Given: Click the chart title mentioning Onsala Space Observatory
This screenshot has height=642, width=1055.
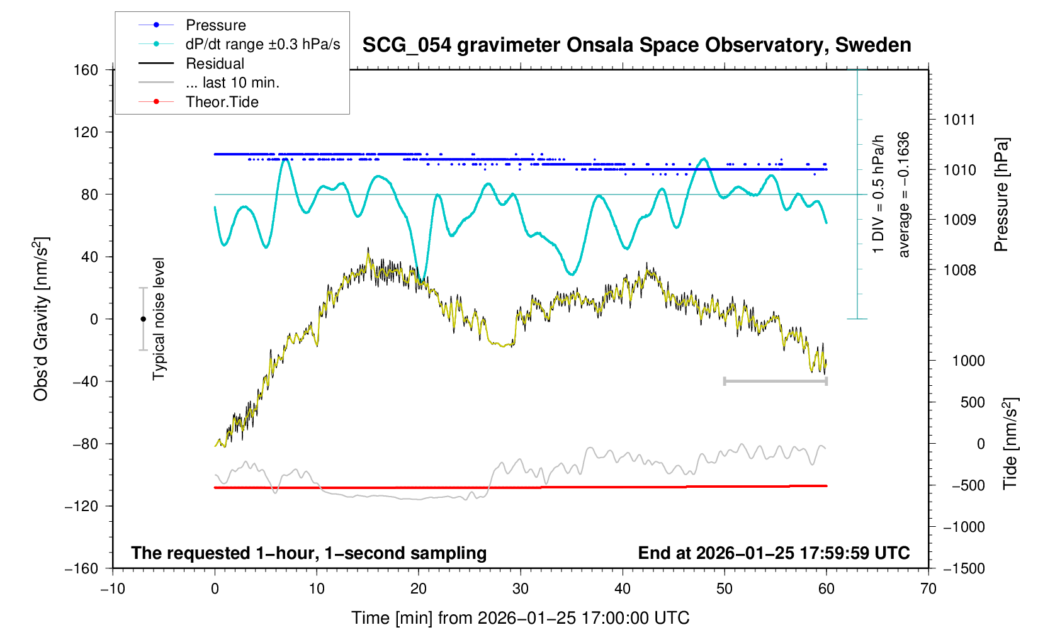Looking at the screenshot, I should click(636, 45).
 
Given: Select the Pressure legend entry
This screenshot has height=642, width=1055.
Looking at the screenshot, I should click(215, 25).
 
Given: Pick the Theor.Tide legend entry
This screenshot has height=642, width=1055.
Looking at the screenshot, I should click(222, 102).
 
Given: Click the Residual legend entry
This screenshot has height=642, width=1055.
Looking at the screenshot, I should click(215, 64).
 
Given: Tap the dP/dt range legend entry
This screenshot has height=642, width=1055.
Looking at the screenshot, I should click(262, 44).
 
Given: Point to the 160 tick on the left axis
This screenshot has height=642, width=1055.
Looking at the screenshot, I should click(86, 70).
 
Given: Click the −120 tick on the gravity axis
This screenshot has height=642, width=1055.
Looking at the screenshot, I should click(82, 506).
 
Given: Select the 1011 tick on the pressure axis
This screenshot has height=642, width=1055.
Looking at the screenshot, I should click(959, 120).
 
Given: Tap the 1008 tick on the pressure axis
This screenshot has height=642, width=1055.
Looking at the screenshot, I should click(959, 270).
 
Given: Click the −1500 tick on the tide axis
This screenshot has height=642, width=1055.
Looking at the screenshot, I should click(964, 568).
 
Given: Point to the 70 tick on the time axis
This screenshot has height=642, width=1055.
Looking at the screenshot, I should click(928, 589).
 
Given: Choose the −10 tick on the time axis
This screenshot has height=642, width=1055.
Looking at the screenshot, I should click(113, 589).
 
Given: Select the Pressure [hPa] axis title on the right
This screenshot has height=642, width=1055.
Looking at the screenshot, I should click(1001, 194).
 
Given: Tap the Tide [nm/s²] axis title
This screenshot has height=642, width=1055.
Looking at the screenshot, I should click(1010, 443).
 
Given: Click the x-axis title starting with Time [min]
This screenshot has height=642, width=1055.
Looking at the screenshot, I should click(520, 618).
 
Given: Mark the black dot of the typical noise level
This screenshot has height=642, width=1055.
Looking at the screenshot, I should click(143, 319).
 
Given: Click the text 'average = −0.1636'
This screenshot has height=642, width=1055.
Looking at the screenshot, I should click(904, 194).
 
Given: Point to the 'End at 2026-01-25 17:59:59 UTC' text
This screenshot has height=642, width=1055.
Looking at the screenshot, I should click(774, 553).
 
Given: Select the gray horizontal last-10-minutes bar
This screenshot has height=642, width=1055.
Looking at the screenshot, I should click(776, 381).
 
